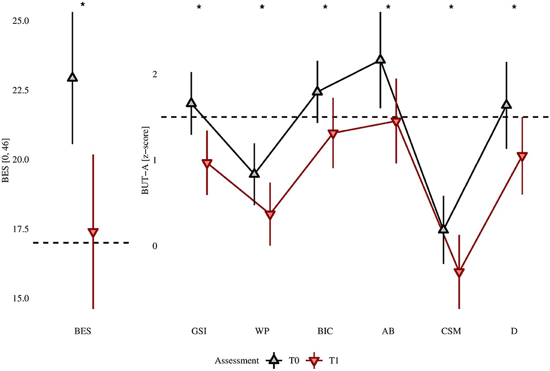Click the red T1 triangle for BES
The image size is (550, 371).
click(x=93, y=232)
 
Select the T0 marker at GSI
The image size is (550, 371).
click(x=191, y=103)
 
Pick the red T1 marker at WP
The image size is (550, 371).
click(x=270, y=215)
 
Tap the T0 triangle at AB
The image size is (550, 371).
click(x=381, y=59)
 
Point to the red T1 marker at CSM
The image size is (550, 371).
click(x=459, y=273)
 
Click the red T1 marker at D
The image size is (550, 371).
click(x=522, y=156)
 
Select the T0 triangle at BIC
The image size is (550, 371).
click(x=318, y=91)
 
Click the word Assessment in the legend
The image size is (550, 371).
click(x=236, y=360)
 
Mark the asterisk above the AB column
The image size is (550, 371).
click(x=388, y=8)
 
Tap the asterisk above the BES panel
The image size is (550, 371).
click(x=82, y=5)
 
